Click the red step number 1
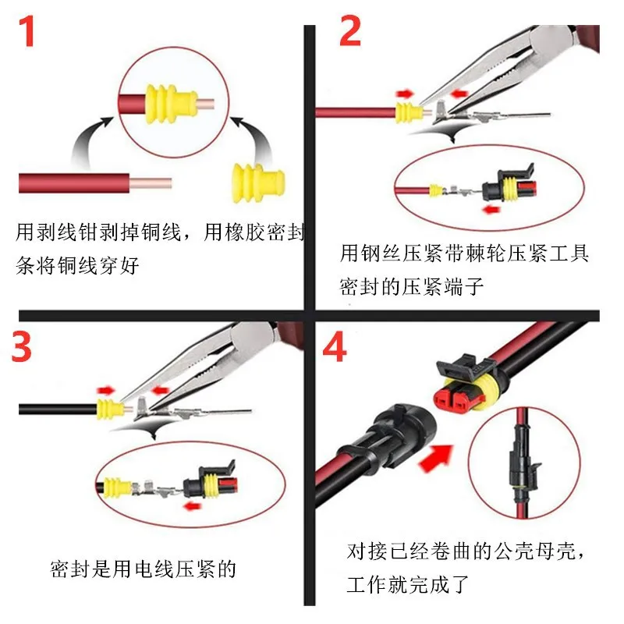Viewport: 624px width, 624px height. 28,31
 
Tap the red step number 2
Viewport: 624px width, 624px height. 349,31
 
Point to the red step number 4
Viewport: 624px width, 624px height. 335,348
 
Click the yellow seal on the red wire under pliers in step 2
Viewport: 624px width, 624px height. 406,112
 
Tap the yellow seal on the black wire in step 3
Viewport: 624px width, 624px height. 108,407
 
